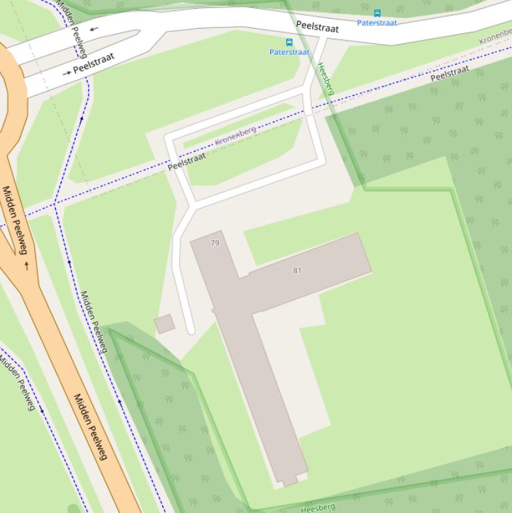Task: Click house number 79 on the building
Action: click(214, 243)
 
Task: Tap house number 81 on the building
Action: click(297, 270)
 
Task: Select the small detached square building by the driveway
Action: click(164, 324)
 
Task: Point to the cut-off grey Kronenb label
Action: click(495, 38)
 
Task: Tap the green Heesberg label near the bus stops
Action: click(325, 79)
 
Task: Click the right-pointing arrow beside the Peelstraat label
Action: click(67, 73)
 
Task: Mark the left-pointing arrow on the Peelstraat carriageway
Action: click(94, 29)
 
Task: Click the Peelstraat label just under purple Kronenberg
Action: click(186, 161)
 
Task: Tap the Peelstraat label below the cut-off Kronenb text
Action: click(449, 73)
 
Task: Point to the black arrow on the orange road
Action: click(27, 265)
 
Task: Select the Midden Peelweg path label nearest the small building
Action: click(94, 322)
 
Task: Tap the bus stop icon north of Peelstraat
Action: click(378, 13)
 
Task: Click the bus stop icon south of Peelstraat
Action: click(289, 42)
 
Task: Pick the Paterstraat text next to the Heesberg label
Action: click(290, 52)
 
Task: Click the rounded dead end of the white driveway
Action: click(190, 330)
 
